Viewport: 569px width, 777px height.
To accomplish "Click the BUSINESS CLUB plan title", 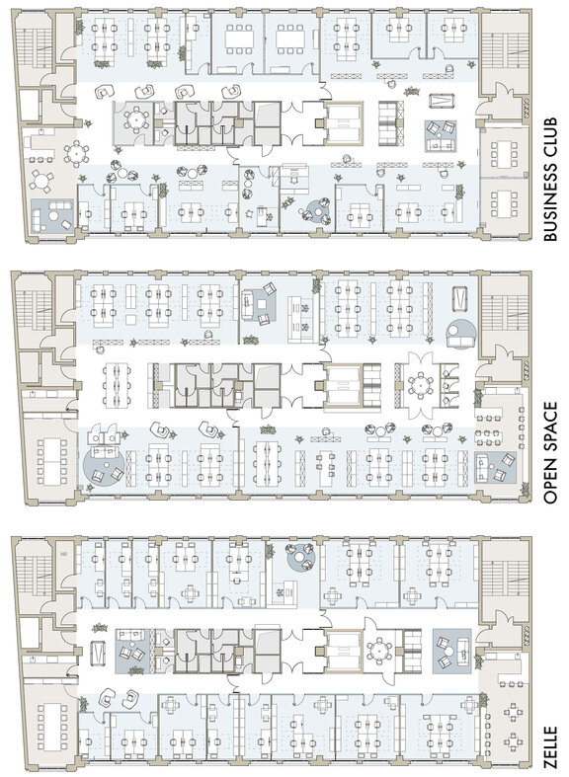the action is [x=551, y=180].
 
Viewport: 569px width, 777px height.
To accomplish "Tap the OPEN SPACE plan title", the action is [x=551, y=453].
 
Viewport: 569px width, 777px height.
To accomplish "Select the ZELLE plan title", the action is [x=551, y=749].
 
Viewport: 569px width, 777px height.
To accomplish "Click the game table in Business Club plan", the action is [x=441, y=101].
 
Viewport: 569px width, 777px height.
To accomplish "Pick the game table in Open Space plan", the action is [x=459, y=298].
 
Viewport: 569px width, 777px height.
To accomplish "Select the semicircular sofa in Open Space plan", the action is [x=461, y=334].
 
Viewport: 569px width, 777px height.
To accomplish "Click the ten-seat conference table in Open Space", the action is [x=50, y=461].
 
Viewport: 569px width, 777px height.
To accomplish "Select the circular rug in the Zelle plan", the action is [x=301, y=557].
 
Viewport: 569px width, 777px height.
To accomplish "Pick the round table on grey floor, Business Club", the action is [x=135, y=118].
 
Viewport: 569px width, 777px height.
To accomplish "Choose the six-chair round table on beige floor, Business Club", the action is [x=76, y=154].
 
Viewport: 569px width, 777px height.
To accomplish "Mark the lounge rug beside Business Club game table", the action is [x=441, y=136].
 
